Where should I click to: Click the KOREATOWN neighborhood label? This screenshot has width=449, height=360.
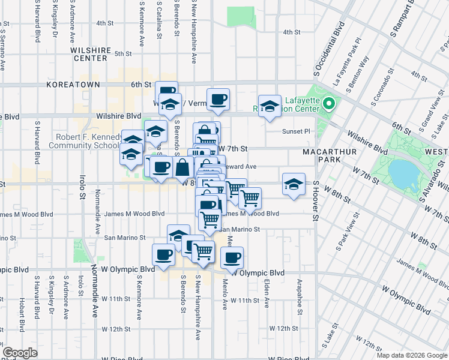pos(73,85)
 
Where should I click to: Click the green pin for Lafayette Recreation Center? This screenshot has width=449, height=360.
pos(328,104)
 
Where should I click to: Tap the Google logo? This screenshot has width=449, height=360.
pos(20,353)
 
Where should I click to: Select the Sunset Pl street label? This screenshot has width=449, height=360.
pos(297,131)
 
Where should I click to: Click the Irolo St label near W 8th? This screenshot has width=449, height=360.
pos(82,188)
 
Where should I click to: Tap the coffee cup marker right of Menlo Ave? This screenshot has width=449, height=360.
pos(232,257)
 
